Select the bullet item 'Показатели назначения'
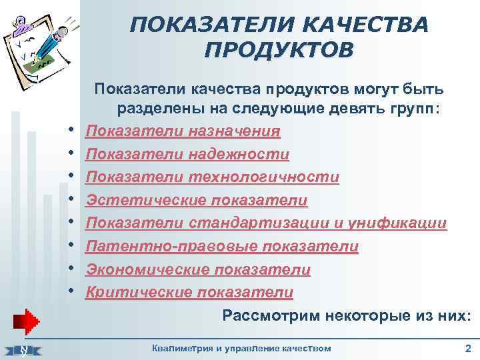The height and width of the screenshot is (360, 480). pyautogui.click(x=183, y=131)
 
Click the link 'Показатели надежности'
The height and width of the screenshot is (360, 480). pyautogui.click(x=188, y=155)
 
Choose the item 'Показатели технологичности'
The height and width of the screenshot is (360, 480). pyautogui.click(x=213, y=177)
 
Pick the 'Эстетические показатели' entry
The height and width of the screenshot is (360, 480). pyautogui.click(x=197, y=201)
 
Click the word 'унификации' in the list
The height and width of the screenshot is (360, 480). pyautogui.click(x=399, y=223)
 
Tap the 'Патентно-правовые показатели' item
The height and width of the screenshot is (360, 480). pyautogui.click(x=223, y=247)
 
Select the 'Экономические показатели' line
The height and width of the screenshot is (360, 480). pyautogui.click(x=199, y=269)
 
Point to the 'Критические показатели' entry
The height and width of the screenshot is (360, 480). pyautogui.click(x=190, y=292)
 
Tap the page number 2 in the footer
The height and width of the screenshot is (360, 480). pyautogui.click(x=467, y=348)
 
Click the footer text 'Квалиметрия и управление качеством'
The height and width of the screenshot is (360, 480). pyautogui.click(x=241, y=348)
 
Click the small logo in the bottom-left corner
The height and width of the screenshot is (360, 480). pyautogui.click(x=23, y=349)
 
